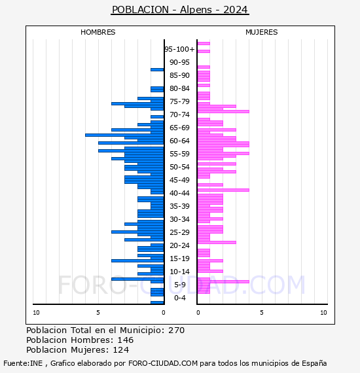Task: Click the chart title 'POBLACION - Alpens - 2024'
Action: coord(180,10)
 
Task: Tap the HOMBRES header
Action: coord(98,32)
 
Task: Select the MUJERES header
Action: coord(262,32)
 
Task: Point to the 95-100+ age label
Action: coord(179,49)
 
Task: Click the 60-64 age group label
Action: coord(179,141)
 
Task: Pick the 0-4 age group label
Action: coord(180,298)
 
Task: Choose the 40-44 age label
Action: coord(179,193)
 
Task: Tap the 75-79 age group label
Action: coord(179,101)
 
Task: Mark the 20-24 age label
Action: coord(179,245)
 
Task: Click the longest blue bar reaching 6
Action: coord(124,135)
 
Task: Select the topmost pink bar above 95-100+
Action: coord(204,44)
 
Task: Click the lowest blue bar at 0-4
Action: coord(157,302)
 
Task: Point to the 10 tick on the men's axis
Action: coord(36,313)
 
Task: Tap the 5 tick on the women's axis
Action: coord(262,313)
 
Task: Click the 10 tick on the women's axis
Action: coord(323,313)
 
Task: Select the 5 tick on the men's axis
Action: coord(98,313)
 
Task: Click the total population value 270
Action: coord(176,330)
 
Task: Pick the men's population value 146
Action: coord(126,340)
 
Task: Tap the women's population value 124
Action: coord(121,349)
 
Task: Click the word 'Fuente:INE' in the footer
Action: coord(23,363)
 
